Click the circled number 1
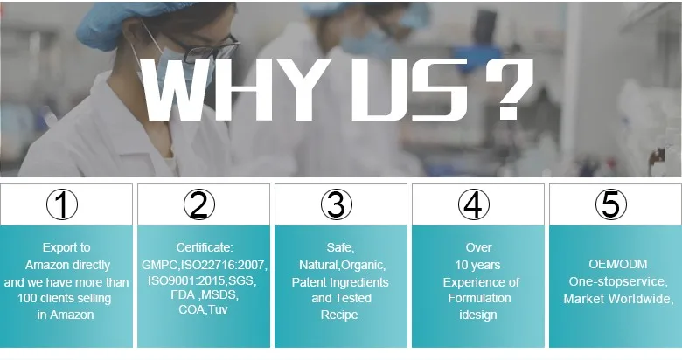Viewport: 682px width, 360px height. pyautogui.click(x=62, y=204)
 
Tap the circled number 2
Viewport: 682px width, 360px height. pyautogui.click(x=199, y=204)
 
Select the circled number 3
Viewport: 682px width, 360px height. pyautogui.click(x=337, y=204)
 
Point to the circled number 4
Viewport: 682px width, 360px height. pyautogui.click(x=474, y=204)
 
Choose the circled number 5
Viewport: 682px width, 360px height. pyautogui.click(x=611, y=204)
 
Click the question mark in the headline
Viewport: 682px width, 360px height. pyautogui.click(x=509, y=89)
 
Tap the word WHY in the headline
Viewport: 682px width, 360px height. pyautogui.click(x=238, y=90)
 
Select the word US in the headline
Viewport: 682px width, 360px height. pyautogui.click(x=409, y=90)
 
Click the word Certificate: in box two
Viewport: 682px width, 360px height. pyautogui.click(x=205, y=247)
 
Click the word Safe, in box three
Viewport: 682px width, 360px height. pyautogui.click(x=341, y=247)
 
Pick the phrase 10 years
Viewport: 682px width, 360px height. pyautogui.click(x=477, y=265)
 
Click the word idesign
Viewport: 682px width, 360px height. pyautogui.click(x=478, y=315)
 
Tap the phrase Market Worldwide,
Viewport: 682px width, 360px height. pyautogui.click(x=618, y=299)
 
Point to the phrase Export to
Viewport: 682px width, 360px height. pyautogui.click(x=66, y=247)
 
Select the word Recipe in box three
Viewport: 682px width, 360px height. pyautogui.click(x=339, y=315)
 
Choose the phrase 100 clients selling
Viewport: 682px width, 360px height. pyautogui.click(x=65, y=298)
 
